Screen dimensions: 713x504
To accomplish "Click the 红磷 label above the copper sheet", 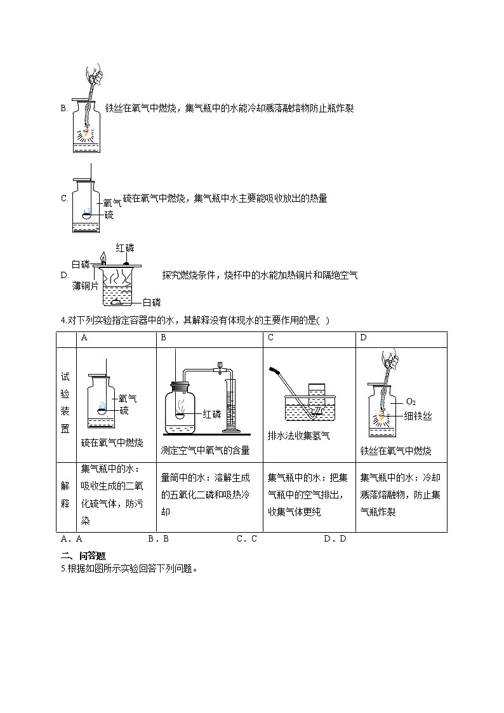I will pyautogui.click(x=125, y=248).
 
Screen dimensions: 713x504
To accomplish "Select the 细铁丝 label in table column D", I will pyautogui.click(x=418, y=416).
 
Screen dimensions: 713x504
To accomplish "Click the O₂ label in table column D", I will pyautogui.click(x=411, y=401).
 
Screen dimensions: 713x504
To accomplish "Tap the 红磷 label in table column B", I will pyautogui.click(x=211, y=415).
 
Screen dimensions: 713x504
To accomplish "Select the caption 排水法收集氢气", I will pyautogui.click(x=298, y=436).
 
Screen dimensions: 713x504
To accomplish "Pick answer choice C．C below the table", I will pyautogui.click(x=246, y=538).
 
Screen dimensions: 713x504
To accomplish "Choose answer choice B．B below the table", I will pyautogui.click(x=158, y=538).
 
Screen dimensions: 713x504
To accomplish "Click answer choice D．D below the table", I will pyautogui.click(x=335, y=538).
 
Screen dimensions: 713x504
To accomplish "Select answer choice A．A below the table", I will pyautogui.click(x=72, y=538).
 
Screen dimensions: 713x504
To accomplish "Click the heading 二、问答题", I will pyautogui.click(x=79, y=556).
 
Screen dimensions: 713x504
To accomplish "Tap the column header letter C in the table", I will pyautogui.click(x=270, y=338).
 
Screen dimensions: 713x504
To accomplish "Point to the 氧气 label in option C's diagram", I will pyautogui.click(x=112, y=203).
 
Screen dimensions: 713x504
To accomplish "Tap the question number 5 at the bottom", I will pyautogui.click(x=63, y=568).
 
